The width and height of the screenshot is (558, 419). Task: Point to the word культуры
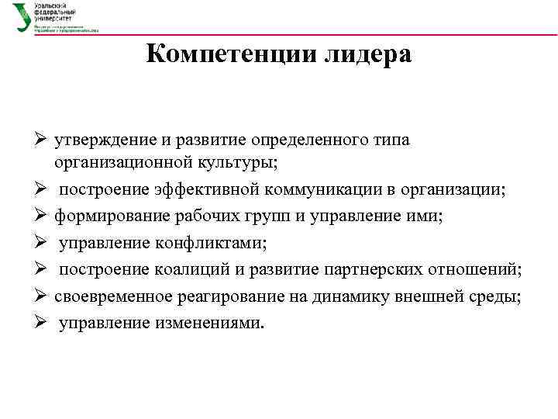click(x=239, y=163)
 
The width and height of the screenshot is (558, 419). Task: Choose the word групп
click(x=270, y=216)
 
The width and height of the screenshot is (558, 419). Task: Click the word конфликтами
click(x=209, y=243)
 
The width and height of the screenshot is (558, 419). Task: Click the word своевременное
click(x=109, y=296)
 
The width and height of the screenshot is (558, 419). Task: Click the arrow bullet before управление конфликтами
click(x=42, y=244)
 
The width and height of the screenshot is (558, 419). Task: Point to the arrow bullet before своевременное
click(x=42, y=296)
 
